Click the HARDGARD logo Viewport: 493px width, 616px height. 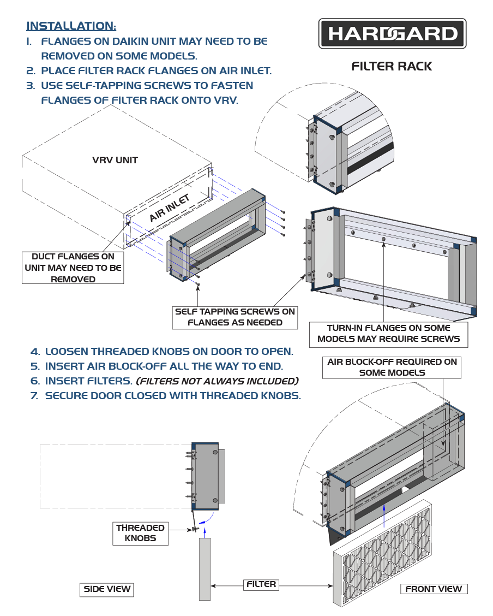point(392,34)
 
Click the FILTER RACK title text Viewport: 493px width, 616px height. point(392,67)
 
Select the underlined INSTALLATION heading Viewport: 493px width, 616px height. point(71,26)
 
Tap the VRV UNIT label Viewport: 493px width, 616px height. point(115,161)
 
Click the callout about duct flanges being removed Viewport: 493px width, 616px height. point(73,268)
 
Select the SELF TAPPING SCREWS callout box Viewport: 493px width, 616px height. point(235,317)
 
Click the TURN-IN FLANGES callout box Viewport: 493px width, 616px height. point(388,333)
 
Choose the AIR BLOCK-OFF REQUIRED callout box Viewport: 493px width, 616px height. point(392,367)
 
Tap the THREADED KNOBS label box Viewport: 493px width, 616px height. point(140,533)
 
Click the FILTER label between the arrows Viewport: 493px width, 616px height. point(261,584)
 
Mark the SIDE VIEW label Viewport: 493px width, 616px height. point(107,589)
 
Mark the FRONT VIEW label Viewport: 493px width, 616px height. point(434,589)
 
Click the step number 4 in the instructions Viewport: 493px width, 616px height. point(35,352)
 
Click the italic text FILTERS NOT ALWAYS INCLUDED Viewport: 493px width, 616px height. point(217,381)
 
